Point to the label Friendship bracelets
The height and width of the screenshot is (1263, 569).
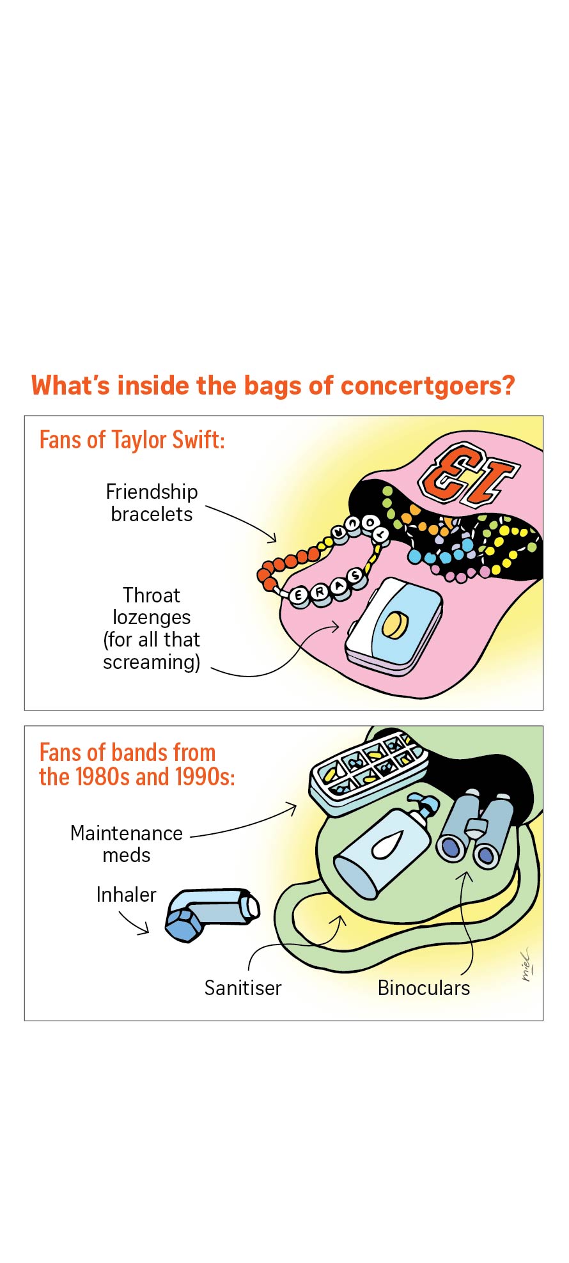[152, 503]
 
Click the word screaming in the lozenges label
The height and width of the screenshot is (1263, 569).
[152, 662]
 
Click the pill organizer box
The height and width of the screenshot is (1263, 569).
[369, 773]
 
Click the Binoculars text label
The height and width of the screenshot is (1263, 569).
[424, 988]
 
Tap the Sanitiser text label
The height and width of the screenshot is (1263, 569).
[243, 988]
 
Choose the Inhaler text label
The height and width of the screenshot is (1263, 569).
[126, 895]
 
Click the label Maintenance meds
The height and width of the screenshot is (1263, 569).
[127, 844]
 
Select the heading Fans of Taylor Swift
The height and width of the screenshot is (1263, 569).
[132, 440]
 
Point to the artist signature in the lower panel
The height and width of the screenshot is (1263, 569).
[526, 964]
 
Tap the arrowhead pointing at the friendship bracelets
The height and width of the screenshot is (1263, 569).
[272, 538]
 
